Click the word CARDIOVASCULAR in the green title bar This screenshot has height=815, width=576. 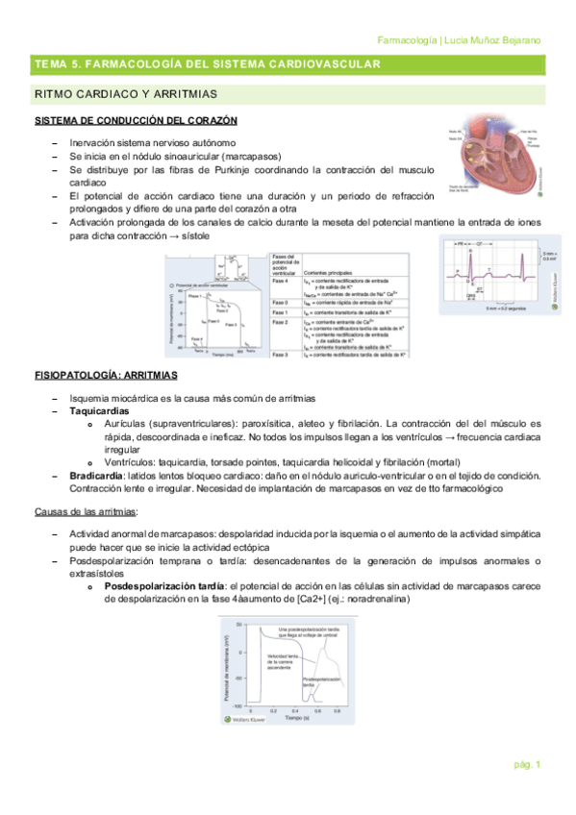(x=322, y=64)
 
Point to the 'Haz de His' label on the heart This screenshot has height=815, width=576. (x=526, y=130)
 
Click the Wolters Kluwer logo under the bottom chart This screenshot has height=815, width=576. (x=245, y=720)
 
